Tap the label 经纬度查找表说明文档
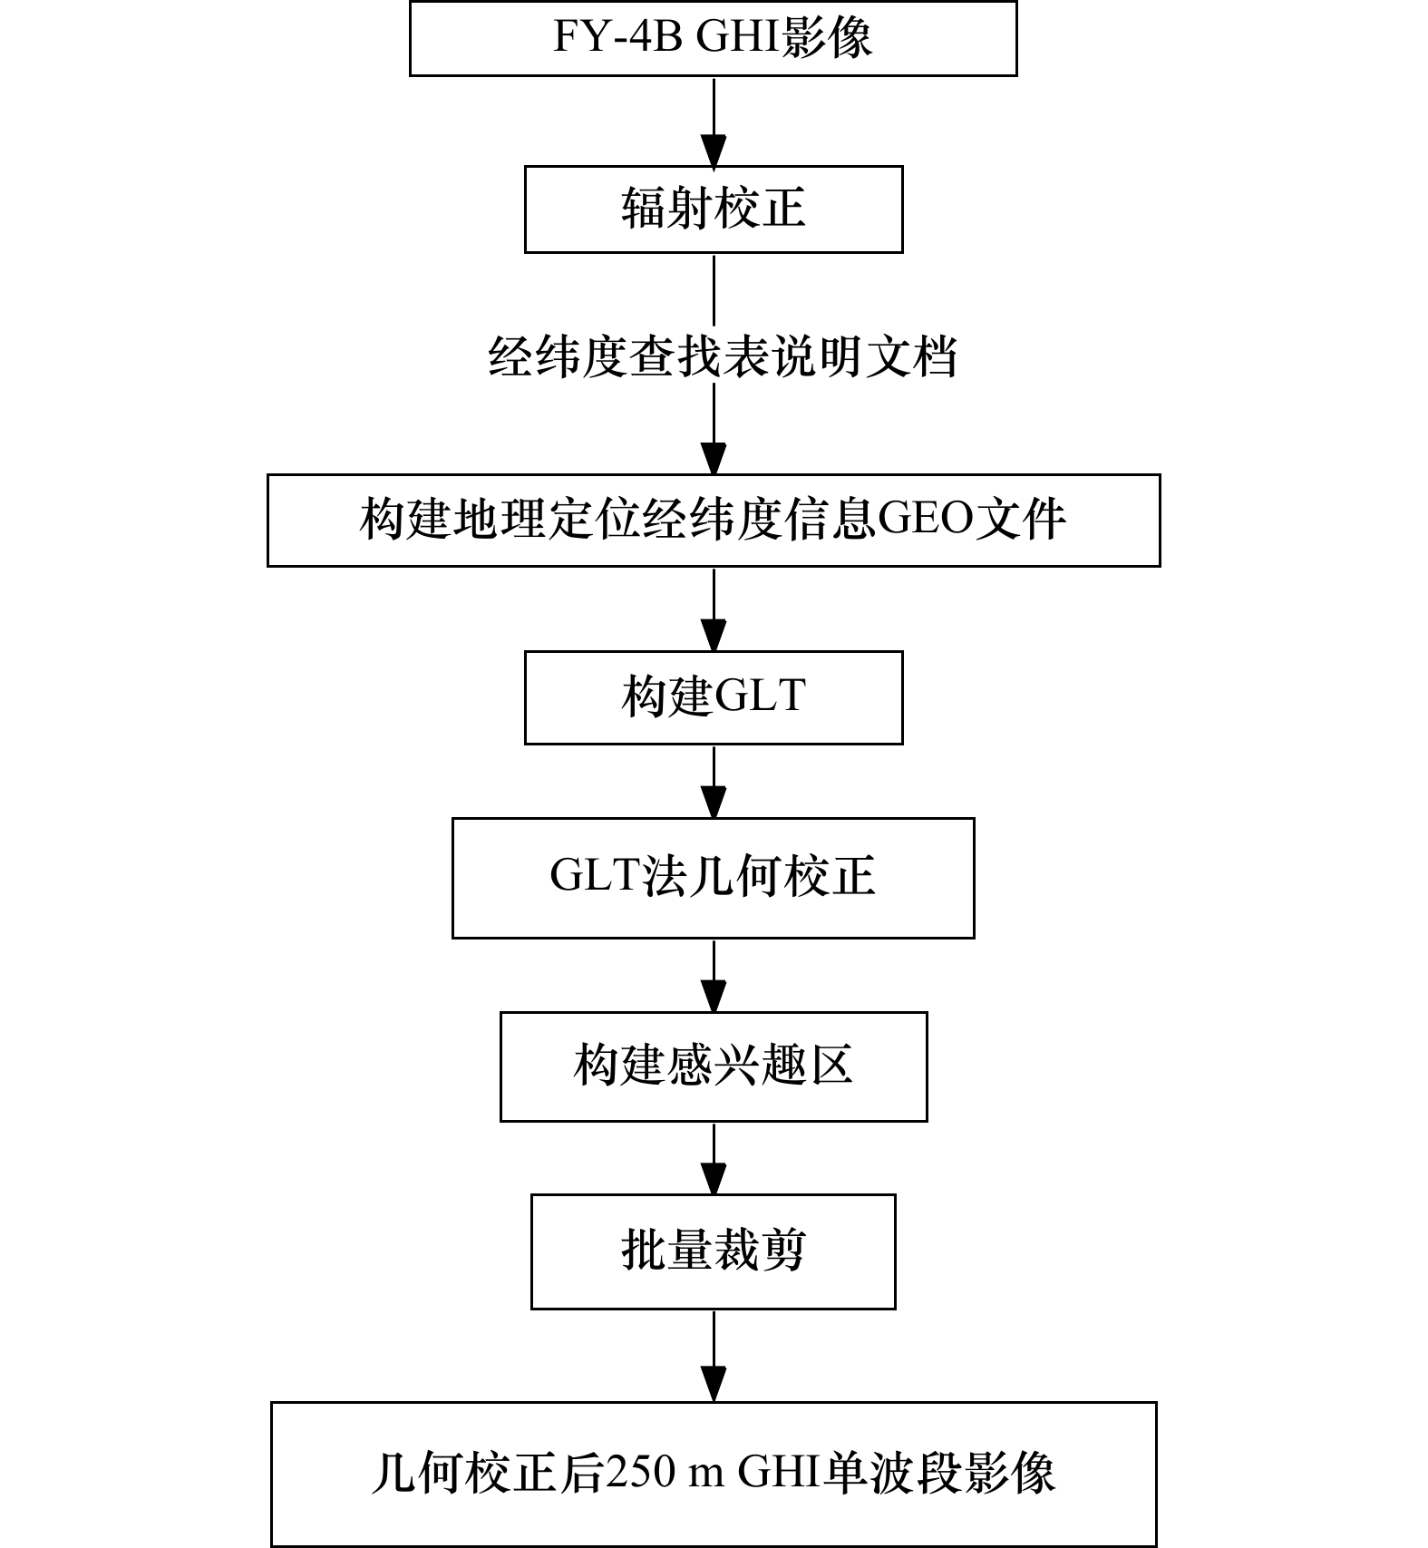click(x=723, y=356)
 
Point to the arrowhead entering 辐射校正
click(x=714, y=151)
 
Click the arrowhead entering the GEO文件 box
click(x=714, y=459)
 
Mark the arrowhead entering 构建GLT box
click(x=714, y=636)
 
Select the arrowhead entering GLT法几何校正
click(x=714, y=803)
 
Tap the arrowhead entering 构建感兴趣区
click(x=714, y=997)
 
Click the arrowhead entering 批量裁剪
click(x=714, y=1179)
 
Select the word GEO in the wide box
click(x=925, y=520)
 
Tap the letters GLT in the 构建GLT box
click(x=760, y=696)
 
